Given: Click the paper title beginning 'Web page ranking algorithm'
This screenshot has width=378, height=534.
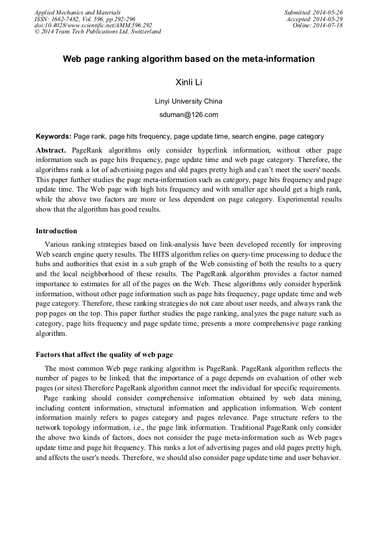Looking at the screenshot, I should [188, 58].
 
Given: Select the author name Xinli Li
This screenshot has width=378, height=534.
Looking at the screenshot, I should [188, 82].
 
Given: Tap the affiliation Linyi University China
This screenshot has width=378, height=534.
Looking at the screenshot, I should [188, 101].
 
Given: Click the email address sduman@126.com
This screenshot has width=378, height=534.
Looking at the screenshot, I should [188, 115].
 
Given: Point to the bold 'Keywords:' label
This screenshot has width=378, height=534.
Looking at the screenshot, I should [53, 136].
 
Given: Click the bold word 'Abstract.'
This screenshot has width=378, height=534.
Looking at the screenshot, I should [51, 150].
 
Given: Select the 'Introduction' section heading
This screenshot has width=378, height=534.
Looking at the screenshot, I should [56, 231].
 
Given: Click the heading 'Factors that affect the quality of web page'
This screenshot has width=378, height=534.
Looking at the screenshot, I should [104, 354].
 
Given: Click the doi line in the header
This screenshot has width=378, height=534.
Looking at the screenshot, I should [93, 26].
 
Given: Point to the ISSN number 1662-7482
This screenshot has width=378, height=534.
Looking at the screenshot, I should [66, 19].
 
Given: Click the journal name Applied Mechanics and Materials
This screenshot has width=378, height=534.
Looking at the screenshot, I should [77, 12].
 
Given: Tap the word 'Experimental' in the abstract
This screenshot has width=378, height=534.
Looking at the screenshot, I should [281, 200].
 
